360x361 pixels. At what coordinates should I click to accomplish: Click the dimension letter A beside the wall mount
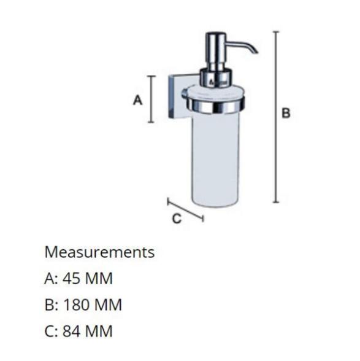[138, 100]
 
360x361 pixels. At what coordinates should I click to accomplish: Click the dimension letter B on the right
[286, 113]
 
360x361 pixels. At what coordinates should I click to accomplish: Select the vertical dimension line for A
[151, 99]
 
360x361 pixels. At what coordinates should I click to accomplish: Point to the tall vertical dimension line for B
[275, 117]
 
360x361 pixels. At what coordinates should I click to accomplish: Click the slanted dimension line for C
[185, 210]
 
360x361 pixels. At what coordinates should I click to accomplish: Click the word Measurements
[99, 252]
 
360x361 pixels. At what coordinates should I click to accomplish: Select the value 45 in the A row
[71, 278]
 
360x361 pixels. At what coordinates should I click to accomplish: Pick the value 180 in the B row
[75, 305]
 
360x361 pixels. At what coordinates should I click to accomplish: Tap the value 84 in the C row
[71, 331]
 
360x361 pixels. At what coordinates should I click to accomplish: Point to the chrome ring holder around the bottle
[216, 106]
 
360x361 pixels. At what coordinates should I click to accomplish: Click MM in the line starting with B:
[109, 305]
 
